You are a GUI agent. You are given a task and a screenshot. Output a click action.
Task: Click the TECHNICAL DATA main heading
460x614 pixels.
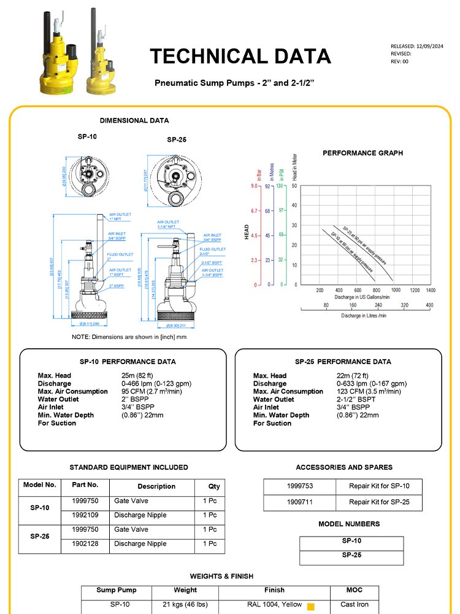click(x=240, y=56)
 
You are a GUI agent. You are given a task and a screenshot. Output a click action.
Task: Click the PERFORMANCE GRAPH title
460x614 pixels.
click(x=362, y=153)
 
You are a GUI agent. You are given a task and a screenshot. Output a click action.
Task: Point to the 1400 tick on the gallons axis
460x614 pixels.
click(x=431, y=290)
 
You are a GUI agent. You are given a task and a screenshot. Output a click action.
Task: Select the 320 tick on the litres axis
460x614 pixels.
click(x=404, y=304)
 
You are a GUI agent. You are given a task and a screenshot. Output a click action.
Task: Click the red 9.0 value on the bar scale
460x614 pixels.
click(x=255, y=185)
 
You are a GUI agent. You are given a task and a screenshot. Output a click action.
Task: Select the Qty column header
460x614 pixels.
click(x=213, y=486)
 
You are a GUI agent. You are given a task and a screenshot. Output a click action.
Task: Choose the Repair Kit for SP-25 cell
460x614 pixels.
click(x=379, y=502)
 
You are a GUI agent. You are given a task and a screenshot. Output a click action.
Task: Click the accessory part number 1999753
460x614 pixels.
click(x=300, y=486)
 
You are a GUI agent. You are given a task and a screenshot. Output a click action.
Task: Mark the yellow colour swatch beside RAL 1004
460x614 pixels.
click(x=311, y=607)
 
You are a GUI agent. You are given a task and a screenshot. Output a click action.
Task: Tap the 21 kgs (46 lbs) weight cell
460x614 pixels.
click(x=185, y=605)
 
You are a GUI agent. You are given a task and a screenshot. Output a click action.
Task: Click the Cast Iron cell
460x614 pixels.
click(x=355, y=605)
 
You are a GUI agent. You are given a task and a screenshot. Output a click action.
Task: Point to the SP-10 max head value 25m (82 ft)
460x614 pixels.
click(x=142, y=376)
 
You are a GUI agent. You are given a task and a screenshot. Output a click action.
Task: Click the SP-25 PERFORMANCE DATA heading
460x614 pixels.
click(x=343, y=362)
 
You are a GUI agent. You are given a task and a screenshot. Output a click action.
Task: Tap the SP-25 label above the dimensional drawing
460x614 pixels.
click(x=177, y=140)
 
